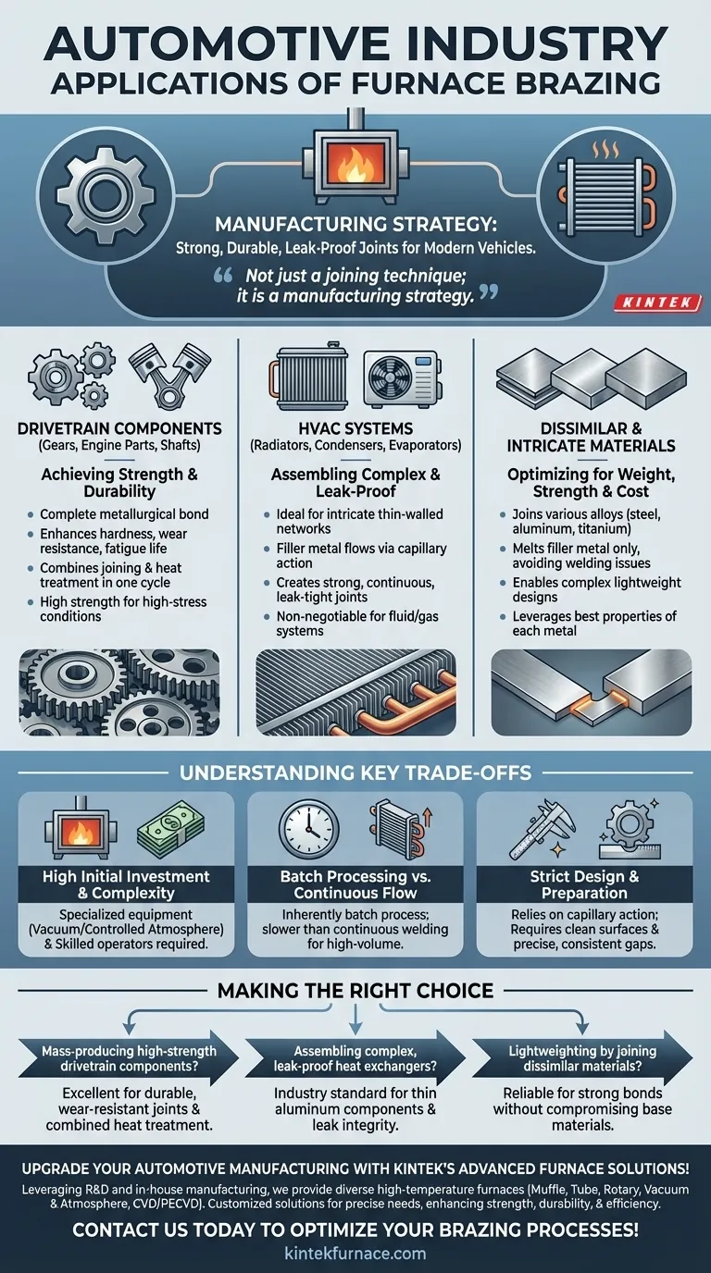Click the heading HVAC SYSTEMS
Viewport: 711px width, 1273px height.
tap(355, 428)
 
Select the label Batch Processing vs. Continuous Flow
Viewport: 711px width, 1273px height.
tap(355, 884)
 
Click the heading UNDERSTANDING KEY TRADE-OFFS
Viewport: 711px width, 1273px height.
tap(355, 771)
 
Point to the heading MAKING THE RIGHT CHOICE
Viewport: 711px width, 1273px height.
tap(355, 991)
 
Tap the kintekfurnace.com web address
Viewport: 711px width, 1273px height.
tap(355, 1253)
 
